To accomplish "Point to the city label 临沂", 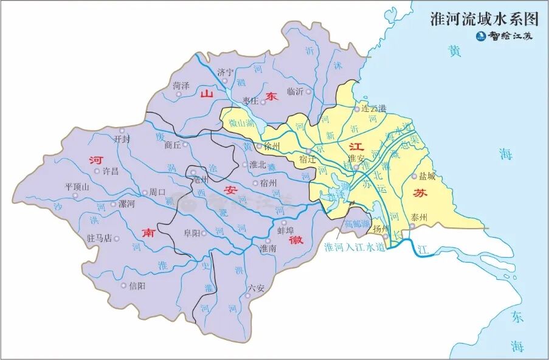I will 294,92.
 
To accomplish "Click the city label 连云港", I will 373,109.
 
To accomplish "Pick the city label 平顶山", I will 77,187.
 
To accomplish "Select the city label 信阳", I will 137,285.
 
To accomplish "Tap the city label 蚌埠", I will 286,231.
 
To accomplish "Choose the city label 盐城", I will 427,176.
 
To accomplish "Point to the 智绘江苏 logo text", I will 511,36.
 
